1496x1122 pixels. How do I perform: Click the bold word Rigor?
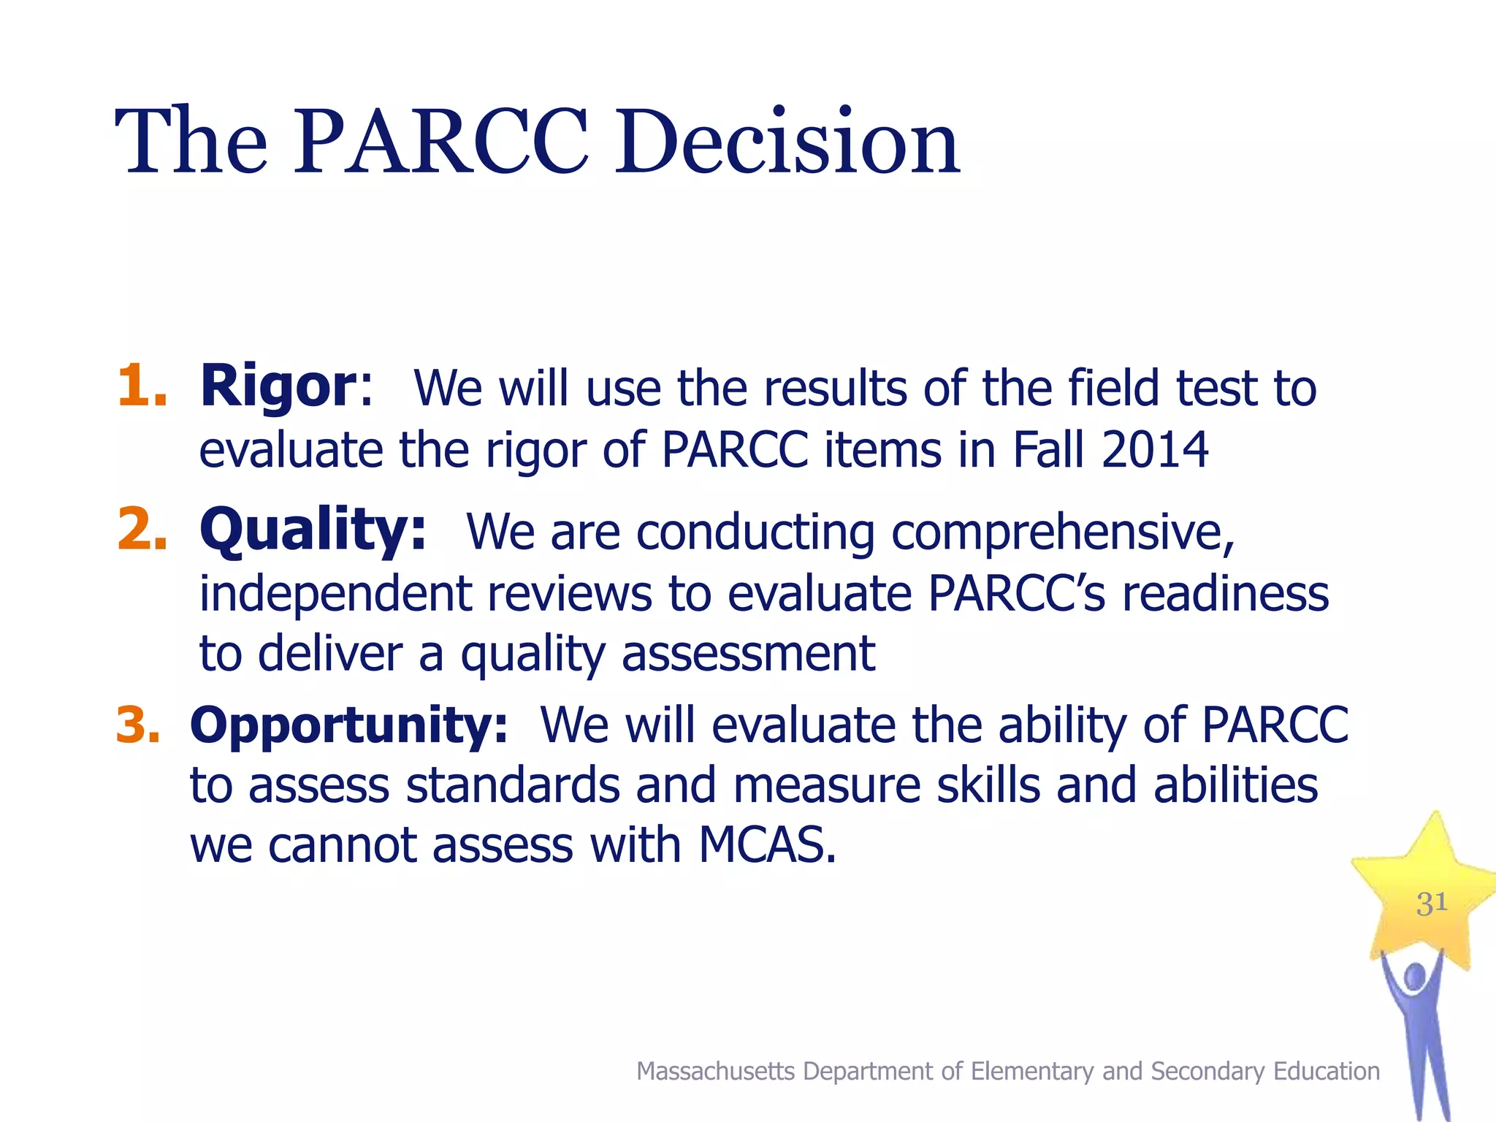pyautogui.click(x=278, y=386)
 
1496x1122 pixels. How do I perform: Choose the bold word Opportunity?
pyautogui.click(x=348, y=725)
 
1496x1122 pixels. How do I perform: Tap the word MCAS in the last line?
pyautogui.click(x=766, y=845)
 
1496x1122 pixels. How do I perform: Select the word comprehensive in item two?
pyautogui.click(x=1062, y=533)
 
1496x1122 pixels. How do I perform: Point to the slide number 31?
pyautogui.click(x=1431, y=904)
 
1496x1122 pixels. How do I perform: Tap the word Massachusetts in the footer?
pyautogui.click(x=715, y=1071)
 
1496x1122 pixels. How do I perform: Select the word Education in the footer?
pyautogui.click(x=1326, y=1071)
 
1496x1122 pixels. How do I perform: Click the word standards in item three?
pyautogui.click(x=512, y=785)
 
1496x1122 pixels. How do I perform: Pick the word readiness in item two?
pyautogui.click(x=1225, y=593)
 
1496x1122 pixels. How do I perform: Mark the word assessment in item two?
pyautogui.click(x=748, y=653)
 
